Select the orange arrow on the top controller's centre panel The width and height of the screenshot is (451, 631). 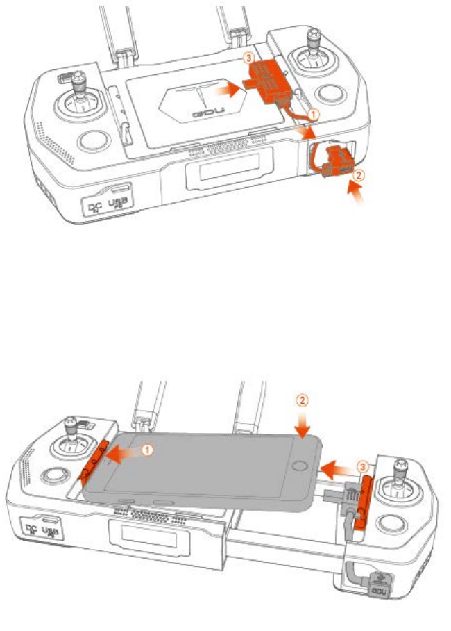(x=222, y=90)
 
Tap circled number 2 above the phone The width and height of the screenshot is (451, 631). (x=300, y=400)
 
